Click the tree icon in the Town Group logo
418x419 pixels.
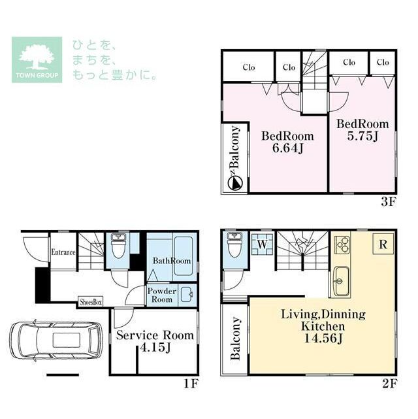click(37, 56)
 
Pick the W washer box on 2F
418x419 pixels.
click(261, 244)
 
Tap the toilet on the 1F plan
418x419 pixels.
click(118, 247)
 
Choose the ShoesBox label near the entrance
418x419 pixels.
click(91, 302)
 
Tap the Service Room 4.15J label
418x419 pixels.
click(155, 341)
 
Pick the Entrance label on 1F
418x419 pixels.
click(63, 252)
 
